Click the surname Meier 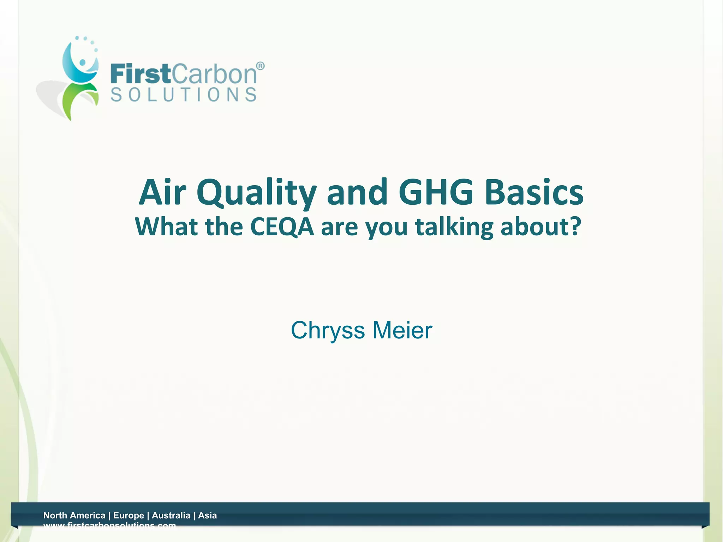[402, 330]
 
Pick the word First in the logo [141, 74]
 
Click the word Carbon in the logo [214, 74]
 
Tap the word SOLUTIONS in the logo [184, 95]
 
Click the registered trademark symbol [260, 66]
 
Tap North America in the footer [74, 515]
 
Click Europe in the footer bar [129, 515]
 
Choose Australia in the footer [171, 515]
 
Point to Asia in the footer [207, 515]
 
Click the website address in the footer [109, 525]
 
